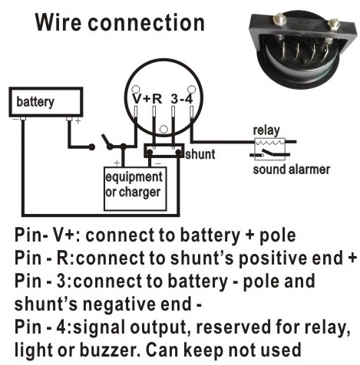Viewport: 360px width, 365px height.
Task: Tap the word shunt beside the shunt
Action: (200, 154)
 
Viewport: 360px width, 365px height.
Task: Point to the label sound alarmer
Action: (292, 169)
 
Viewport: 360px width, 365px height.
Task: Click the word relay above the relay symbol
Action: (266, 130)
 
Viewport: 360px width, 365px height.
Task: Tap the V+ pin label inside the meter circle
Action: (141, 99)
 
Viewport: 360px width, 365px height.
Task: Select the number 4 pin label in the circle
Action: (189, 99)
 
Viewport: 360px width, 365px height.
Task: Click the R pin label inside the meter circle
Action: (157, 99)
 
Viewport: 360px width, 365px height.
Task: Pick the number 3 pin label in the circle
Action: (174, 99)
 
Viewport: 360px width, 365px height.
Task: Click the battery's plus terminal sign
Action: (78, 121)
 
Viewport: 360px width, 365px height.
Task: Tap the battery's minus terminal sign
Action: (15, 119)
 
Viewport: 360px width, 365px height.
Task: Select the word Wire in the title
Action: (59, 22)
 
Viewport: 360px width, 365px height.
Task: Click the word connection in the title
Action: (146, 23)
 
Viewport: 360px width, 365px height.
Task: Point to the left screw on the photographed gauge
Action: (279, 20)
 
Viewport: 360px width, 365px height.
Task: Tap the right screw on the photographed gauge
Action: (333, 25)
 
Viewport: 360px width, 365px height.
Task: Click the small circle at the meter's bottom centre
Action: (163, 129)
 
